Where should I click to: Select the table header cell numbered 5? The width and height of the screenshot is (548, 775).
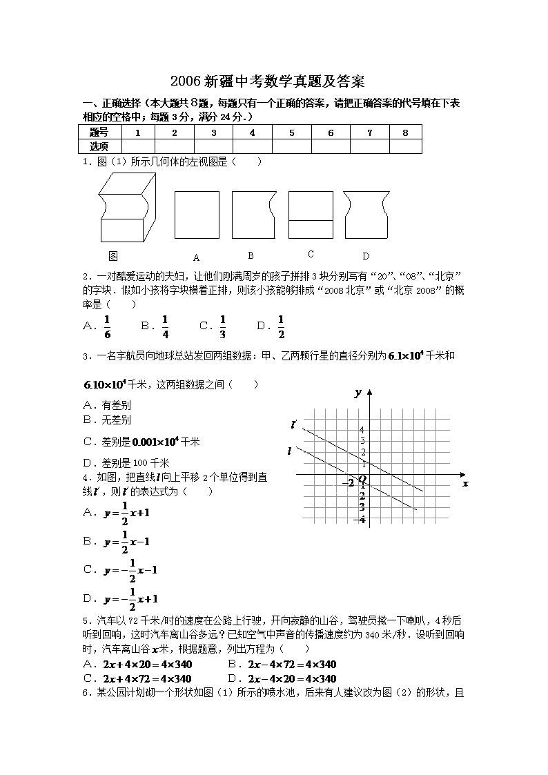pos(291,133)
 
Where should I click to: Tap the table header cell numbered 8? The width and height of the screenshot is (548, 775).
pos(405,133)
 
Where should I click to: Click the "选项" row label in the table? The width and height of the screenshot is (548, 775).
pos(100,146)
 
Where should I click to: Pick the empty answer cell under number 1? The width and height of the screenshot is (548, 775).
pos(138,146)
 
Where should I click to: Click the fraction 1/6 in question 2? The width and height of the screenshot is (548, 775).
pos(107,326)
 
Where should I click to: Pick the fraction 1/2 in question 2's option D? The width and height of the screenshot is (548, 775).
pos(281,326)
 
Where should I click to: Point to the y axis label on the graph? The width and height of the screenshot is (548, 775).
pos(358,392)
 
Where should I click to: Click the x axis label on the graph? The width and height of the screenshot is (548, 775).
pos(465,483)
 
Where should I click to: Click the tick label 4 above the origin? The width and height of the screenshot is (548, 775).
pos(362,430)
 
